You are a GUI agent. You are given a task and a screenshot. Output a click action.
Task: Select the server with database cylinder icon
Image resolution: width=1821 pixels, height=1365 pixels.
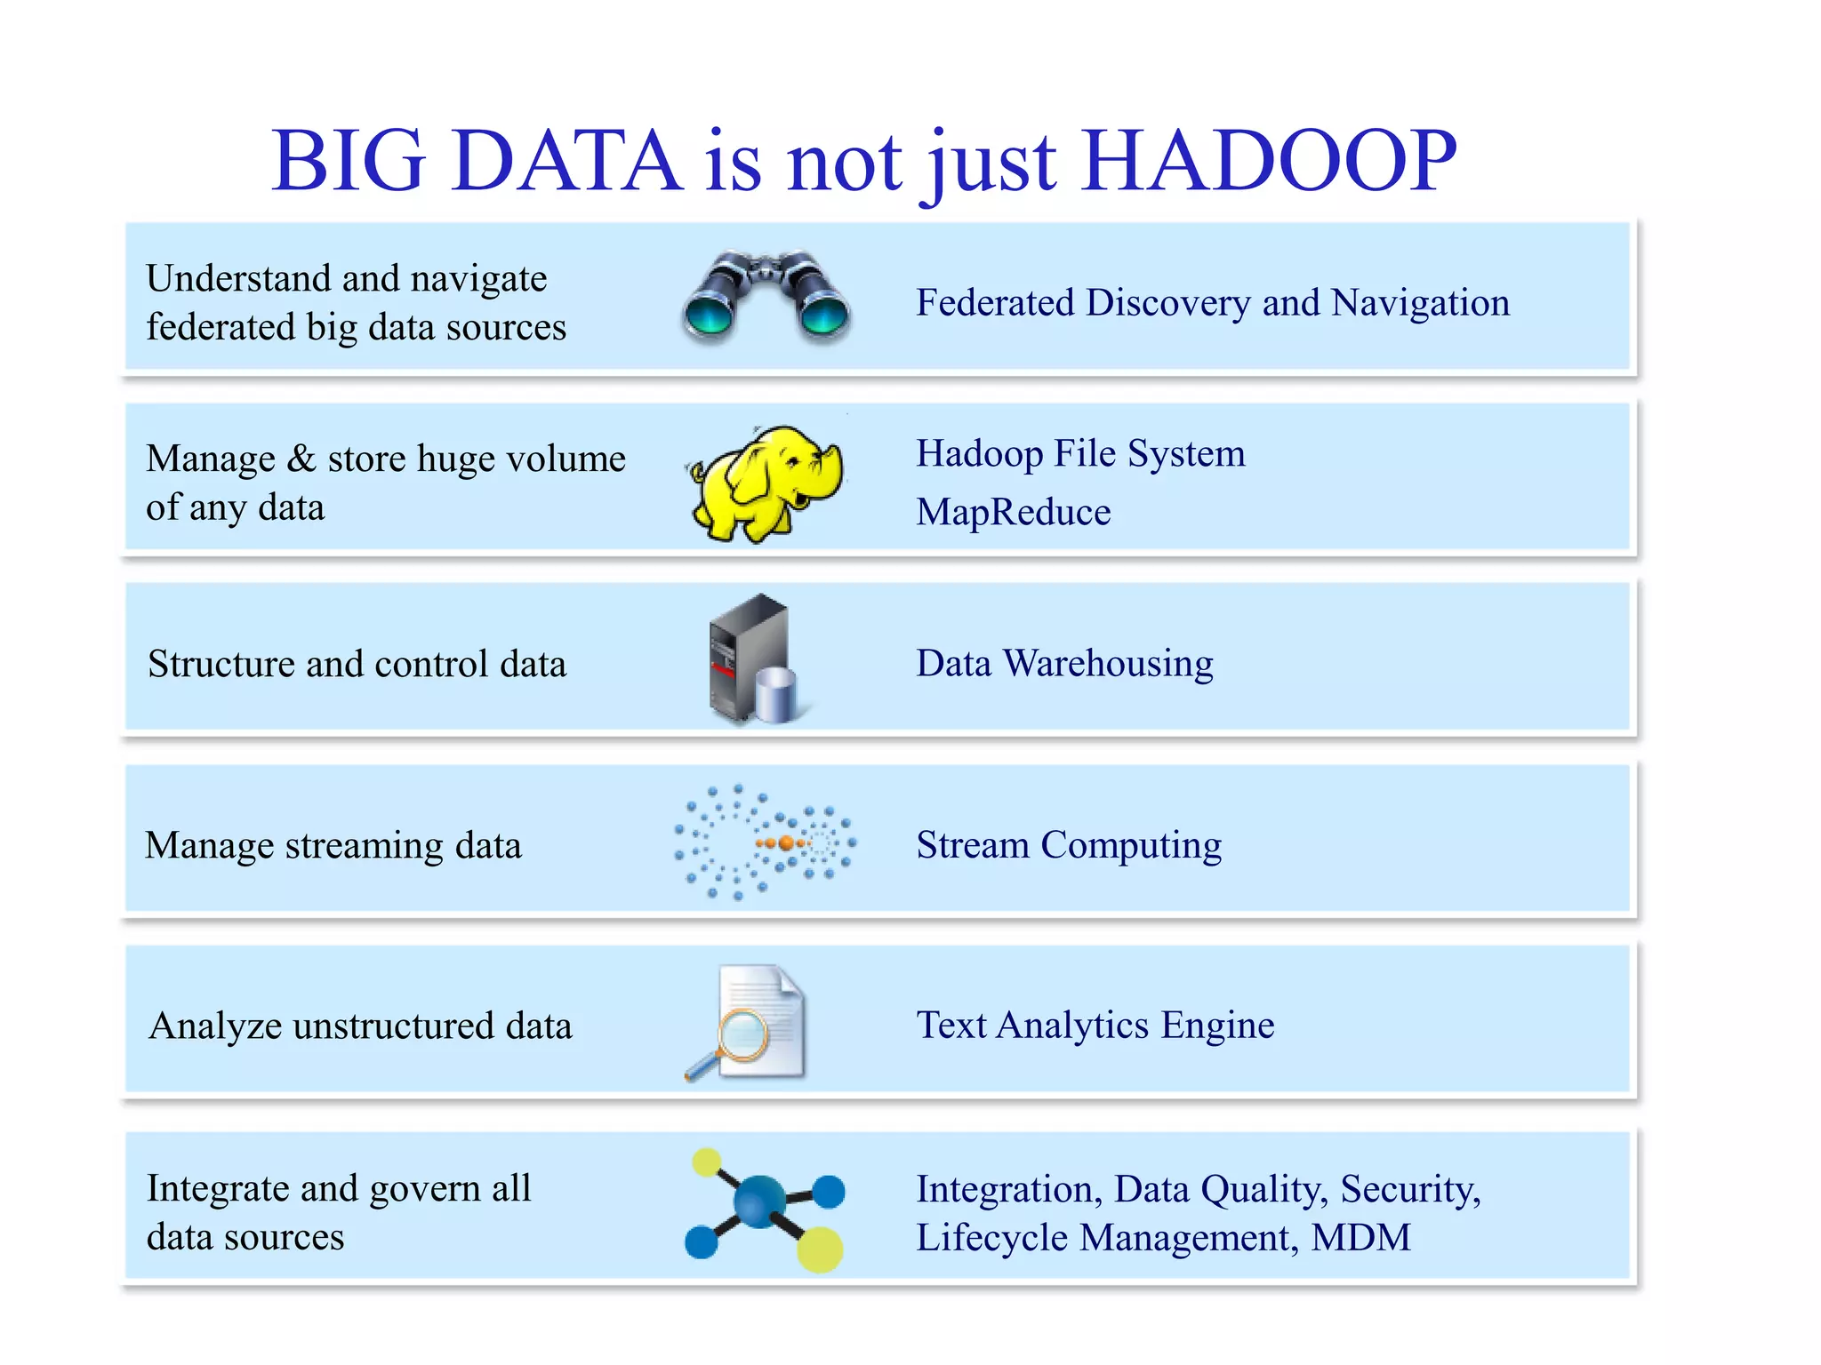pyautogui.click(x=756, y=659)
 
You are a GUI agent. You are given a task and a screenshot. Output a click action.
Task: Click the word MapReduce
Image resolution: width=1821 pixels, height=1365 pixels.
pyautogui.click(x=1014, y=512)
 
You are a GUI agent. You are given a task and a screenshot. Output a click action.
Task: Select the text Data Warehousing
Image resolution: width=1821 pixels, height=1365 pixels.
pyautogui.click(x=1064, y=663)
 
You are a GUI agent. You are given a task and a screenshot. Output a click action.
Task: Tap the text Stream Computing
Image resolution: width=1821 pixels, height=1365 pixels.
pyautogui.click(x=1069, y=844)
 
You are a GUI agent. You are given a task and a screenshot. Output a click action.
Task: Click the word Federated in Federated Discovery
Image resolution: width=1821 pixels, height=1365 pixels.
pyautogui.click(x=996, y=302)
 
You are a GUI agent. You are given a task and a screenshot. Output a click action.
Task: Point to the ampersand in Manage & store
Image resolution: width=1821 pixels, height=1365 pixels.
pyautogui.click(x=301, y=459)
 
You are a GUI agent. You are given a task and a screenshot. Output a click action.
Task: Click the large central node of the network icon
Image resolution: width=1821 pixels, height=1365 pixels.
pyautogui.click(x=759, y=1201)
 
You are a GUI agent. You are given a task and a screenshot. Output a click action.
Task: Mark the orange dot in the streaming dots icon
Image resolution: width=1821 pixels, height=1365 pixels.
pyautogui.click(x=786, y=842)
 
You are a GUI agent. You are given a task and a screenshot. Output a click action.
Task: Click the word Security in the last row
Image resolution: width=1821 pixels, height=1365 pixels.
pyautogui.click(x=1410, y=1189)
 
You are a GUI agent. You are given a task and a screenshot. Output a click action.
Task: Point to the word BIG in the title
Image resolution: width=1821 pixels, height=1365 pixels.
pyautogui.click(x=349, y=161)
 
